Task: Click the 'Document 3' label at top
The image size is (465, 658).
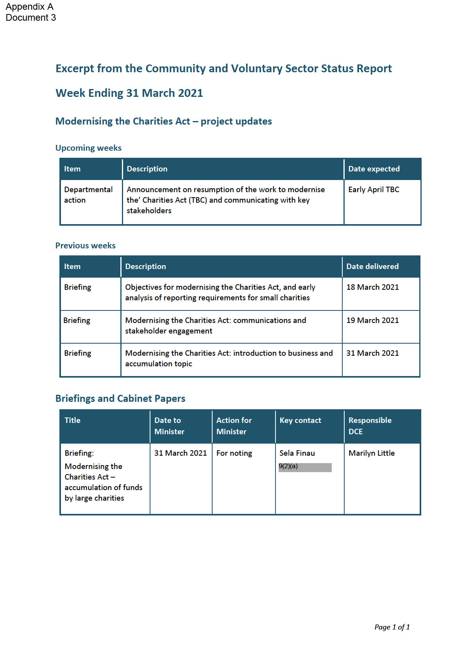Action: (x=31, y=18)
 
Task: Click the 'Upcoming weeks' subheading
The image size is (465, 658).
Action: (x=88, y=148)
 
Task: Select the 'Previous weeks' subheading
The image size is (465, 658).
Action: (x=85, y=246)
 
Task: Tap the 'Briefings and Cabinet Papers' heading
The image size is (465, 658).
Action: (x=120, y=398)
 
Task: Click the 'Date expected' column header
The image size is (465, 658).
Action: (x=374, y=169)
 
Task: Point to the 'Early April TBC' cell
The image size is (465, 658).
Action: (x=374, y=189)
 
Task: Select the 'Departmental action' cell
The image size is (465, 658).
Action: (x=88, y=194)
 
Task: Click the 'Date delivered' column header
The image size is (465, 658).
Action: (x=372, y=266)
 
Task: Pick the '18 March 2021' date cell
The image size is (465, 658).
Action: (x=372, y=287)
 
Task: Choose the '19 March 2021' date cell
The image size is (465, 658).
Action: (x=372, y=320)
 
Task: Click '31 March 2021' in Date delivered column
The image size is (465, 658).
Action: (x=372, y=353)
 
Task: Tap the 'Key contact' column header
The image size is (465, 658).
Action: (x=300, y=420)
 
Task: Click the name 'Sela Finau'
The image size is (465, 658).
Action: (x=297, y=453)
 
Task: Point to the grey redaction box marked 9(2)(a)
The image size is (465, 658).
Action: (x=305, y=467)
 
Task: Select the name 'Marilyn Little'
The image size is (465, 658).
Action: (x=371, y=453)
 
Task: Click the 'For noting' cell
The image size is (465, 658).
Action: (x=234, y=453)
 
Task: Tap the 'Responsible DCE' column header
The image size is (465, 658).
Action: (x=370, y=426)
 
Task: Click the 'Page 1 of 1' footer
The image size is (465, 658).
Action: (x=392, y=627)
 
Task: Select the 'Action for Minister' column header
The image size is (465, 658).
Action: (x=234, y=426)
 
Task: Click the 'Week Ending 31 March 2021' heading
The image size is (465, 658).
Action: (x=129, y=93)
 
